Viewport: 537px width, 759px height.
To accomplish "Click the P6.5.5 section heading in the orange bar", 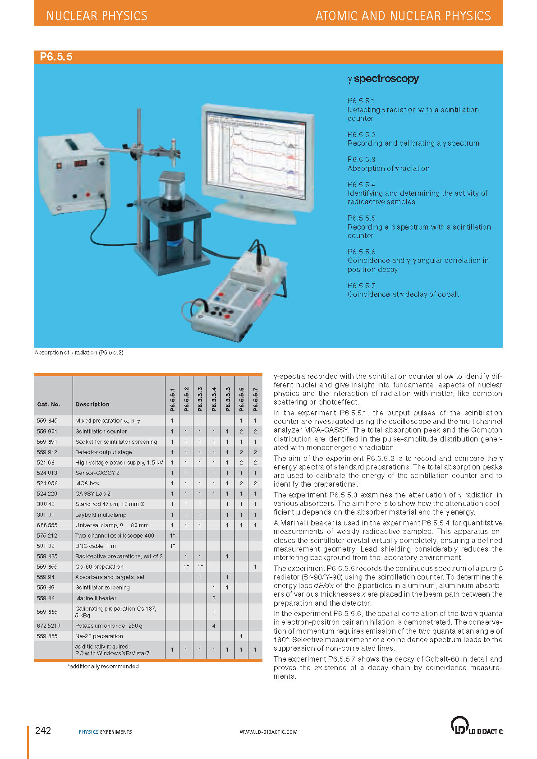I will (x=56, y=57).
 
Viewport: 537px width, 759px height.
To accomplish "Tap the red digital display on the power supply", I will (x=81, y=163).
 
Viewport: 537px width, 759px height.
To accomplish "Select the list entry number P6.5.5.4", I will (x=361, y=184).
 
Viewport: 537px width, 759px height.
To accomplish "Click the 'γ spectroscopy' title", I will (x=383, y=79).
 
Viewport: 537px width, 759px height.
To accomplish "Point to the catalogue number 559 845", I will (x=47, y=421).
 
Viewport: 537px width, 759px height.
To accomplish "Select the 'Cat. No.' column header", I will (x=49, y=405).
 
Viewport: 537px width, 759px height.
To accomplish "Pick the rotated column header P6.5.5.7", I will (x=255, y=399).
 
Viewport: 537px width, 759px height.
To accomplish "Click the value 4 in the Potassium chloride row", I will (x=214, y=626).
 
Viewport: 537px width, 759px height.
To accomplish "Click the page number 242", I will (x=43, y=731).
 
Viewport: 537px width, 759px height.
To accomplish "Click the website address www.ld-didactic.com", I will (x=268, y=732).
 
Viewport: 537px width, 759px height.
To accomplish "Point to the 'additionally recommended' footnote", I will (x=103, y=667).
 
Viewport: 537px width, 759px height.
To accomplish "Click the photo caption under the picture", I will (x=79, y=353).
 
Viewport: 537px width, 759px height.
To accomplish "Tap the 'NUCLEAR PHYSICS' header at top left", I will (x=97, y=16).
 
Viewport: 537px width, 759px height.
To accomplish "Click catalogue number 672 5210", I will (x=48, y=626).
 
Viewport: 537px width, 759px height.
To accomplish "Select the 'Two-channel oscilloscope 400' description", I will (x=115, y=536).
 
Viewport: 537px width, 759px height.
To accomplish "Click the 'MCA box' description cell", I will (x=87, y=483).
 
